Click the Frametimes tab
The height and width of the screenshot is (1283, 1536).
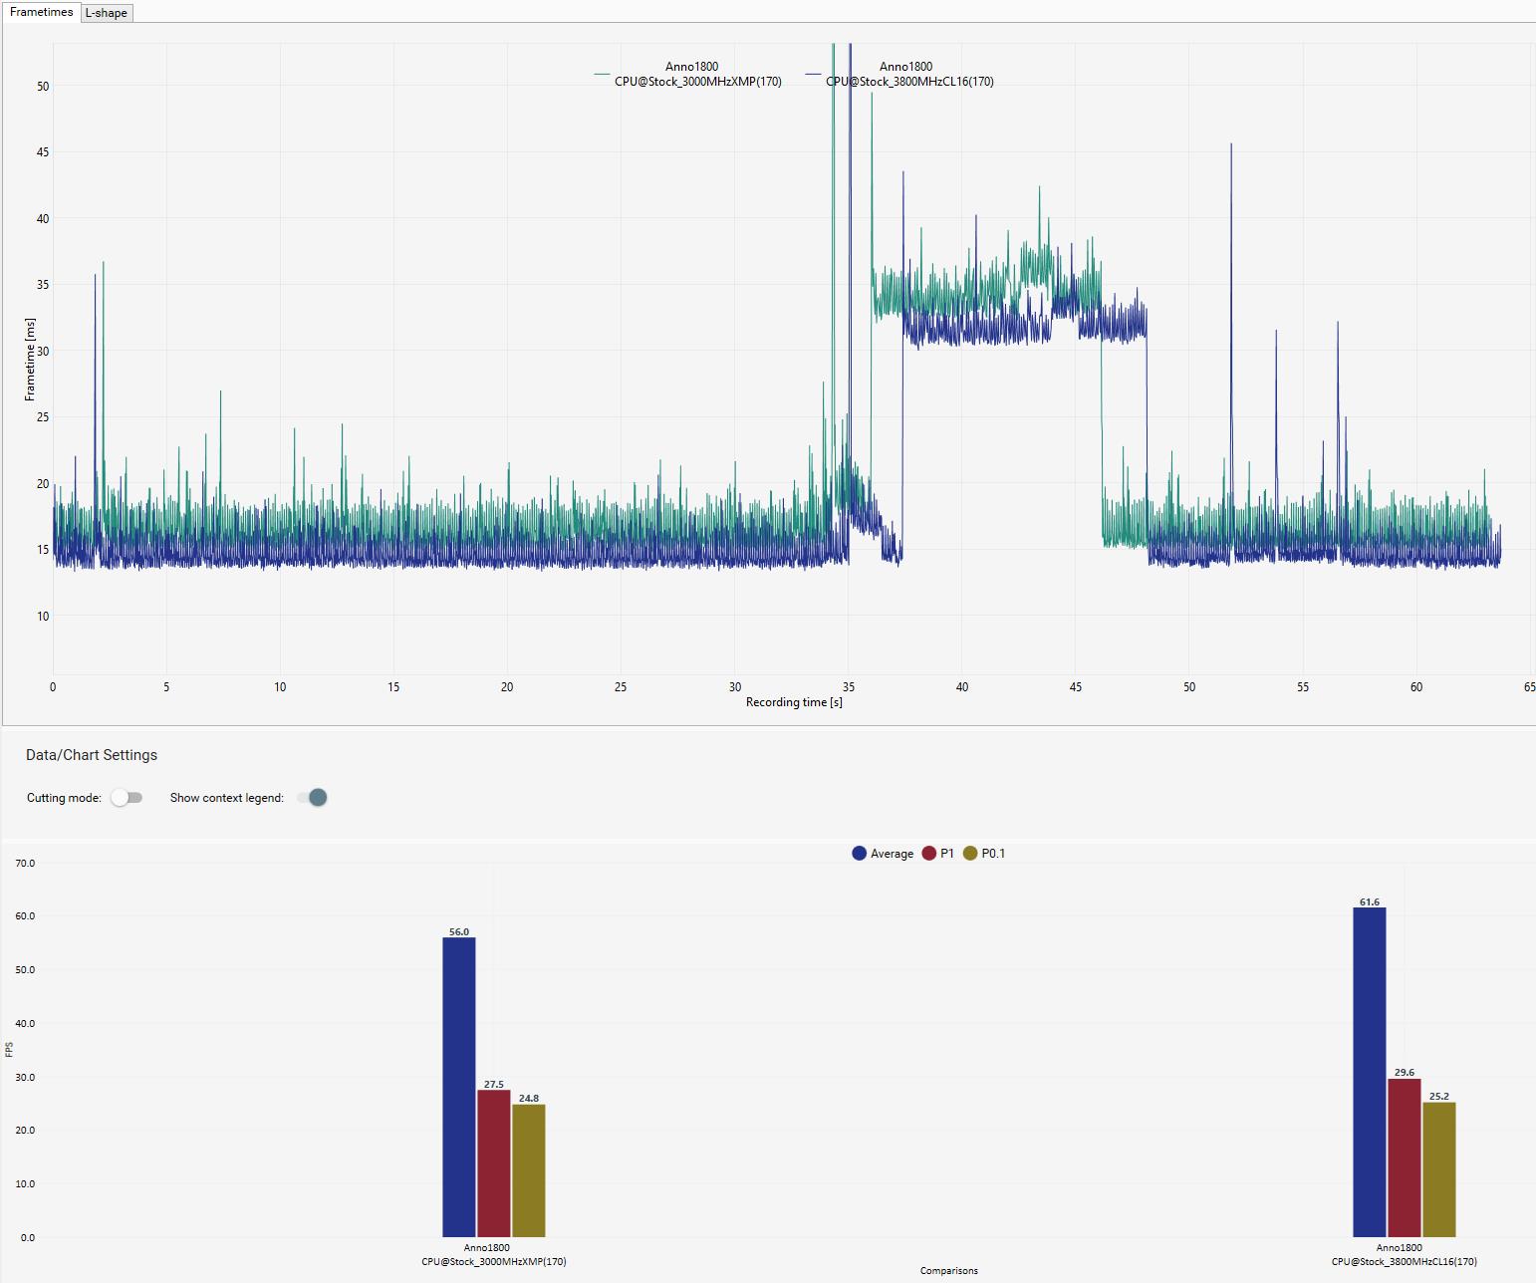pos(41,12)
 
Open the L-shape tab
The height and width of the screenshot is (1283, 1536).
pos(107,13)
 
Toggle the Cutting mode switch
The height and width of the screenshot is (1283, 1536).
pos(127,798)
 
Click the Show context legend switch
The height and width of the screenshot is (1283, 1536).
pos(312,798)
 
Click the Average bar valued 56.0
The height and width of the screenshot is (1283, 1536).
pos(459,1086)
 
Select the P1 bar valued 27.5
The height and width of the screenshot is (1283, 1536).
pos(493,1162)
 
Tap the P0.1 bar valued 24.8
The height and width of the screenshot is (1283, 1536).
pos(528,1170)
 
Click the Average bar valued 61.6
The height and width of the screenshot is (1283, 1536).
pos(1370,1071)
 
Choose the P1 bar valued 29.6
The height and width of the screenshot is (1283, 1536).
pos(1405,1157)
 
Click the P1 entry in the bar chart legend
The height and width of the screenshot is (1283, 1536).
pos(938,854)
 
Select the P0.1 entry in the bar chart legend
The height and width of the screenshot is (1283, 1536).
pos(984,854)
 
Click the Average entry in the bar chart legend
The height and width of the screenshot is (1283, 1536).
pos(883,854)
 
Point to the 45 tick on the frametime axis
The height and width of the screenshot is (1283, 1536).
pos(42,152)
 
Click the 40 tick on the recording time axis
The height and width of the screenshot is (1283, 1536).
pos(961,687)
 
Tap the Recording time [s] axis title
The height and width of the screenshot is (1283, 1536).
pos(794,702)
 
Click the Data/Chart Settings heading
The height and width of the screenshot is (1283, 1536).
pos(92,755)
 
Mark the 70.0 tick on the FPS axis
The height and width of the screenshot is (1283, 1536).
pos(25,864)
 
